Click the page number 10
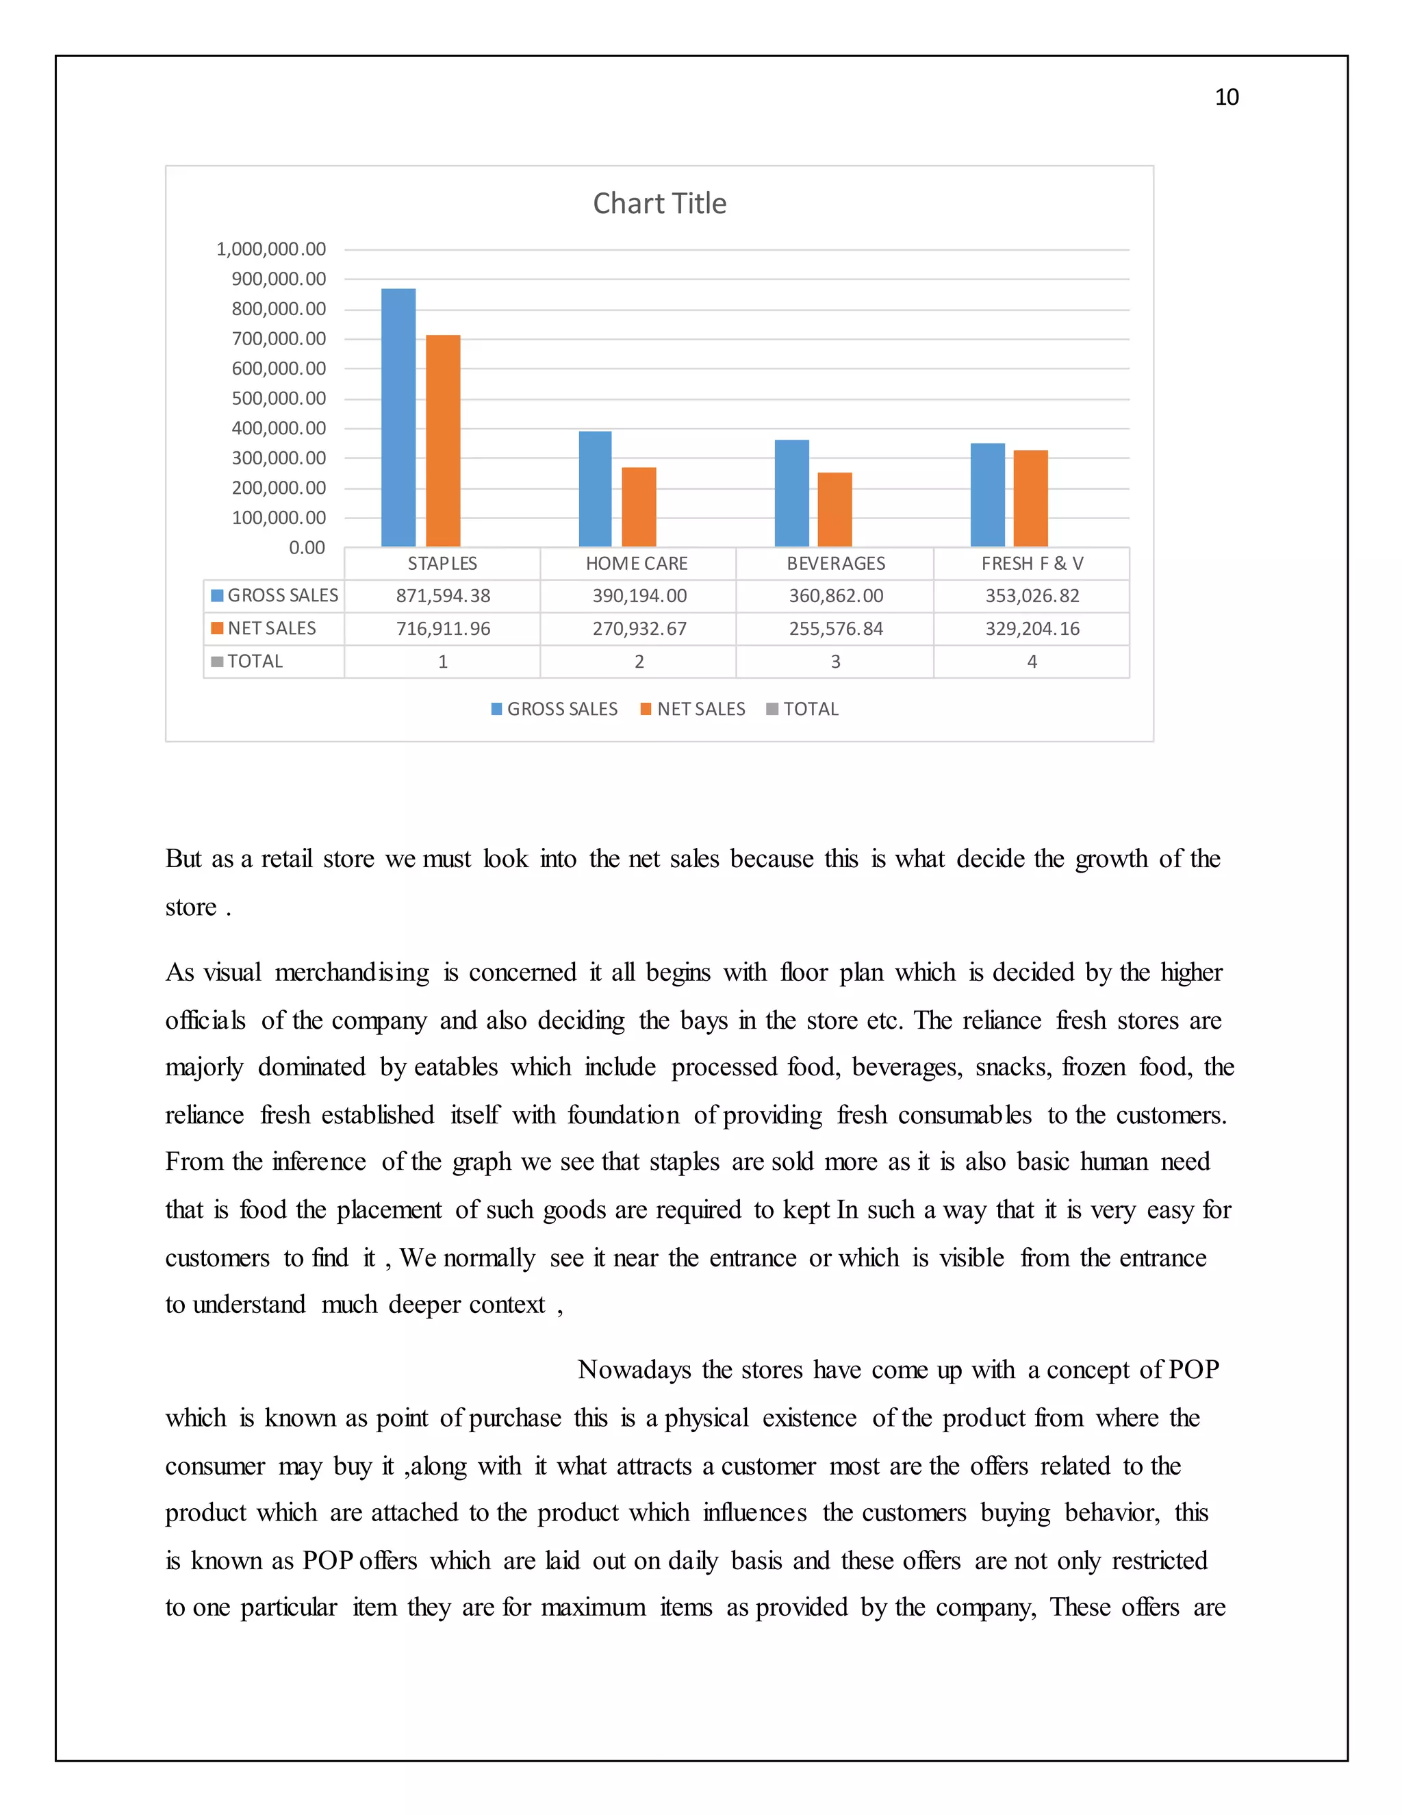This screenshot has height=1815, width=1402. click(1226, 97)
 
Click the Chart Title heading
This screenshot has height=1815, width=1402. click(659, 203)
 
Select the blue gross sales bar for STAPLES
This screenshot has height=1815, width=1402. click(398, 417)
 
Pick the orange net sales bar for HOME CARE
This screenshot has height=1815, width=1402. click(639, 507)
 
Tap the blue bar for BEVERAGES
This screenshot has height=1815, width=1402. click(791, 493)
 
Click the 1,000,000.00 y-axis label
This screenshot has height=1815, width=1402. click(271, 249)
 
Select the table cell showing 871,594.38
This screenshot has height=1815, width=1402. click(443, 596)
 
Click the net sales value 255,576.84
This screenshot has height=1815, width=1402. click(836, 629)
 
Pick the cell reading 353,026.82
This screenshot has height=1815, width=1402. click(1032, 596)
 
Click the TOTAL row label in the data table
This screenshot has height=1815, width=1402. click(255, 662)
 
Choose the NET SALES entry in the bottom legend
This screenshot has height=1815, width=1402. click(700, 709)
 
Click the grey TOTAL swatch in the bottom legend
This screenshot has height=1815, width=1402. click(772, 709)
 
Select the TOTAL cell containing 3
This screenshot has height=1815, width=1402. click(836, 662)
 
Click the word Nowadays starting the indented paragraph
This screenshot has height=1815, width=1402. click(634, 1370)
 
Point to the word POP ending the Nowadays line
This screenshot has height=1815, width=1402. click(1193, 1370)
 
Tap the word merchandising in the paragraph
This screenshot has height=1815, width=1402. click(351, 973)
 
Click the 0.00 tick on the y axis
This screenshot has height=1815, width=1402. click(307, 548)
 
